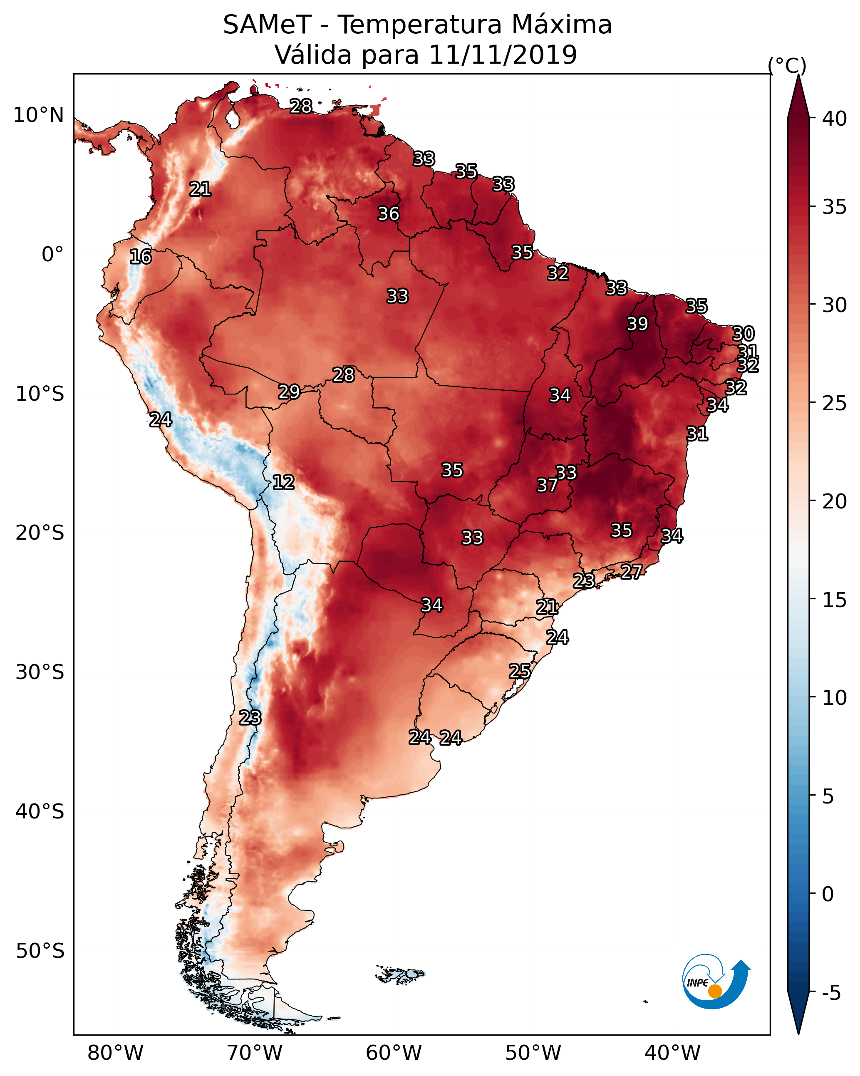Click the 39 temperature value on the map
[x=637, y=324]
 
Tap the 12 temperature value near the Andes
[x=283, y=482]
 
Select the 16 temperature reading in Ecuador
[x=140, y=257]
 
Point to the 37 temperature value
[x=547, y=485]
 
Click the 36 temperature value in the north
[x=388, y=213]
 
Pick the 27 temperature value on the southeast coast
[x=632, y=571]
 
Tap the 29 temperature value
[x=289, y=392]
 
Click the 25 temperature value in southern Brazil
[x=520, y=671]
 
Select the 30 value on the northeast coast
[x=743, y=333]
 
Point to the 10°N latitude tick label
[x=38, y=115]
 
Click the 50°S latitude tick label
[x=40, y=951]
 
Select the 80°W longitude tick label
[x=115, y=1053]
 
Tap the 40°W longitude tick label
[x=672, y=1053]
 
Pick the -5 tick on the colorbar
[x=831, y=993]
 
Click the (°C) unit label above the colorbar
[x=787, y=65]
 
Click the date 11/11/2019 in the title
[x=503, y=55]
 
